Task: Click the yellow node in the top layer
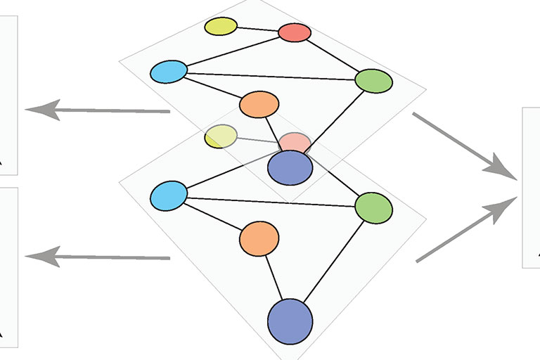221,27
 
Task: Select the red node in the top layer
295,32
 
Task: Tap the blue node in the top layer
169,72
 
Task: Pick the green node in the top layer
373,81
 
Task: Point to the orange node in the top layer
259,105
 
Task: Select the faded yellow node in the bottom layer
221,136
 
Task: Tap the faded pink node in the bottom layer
295,142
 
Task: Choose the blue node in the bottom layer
169,195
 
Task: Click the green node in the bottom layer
373,207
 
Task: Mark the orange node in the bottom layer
259,239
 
